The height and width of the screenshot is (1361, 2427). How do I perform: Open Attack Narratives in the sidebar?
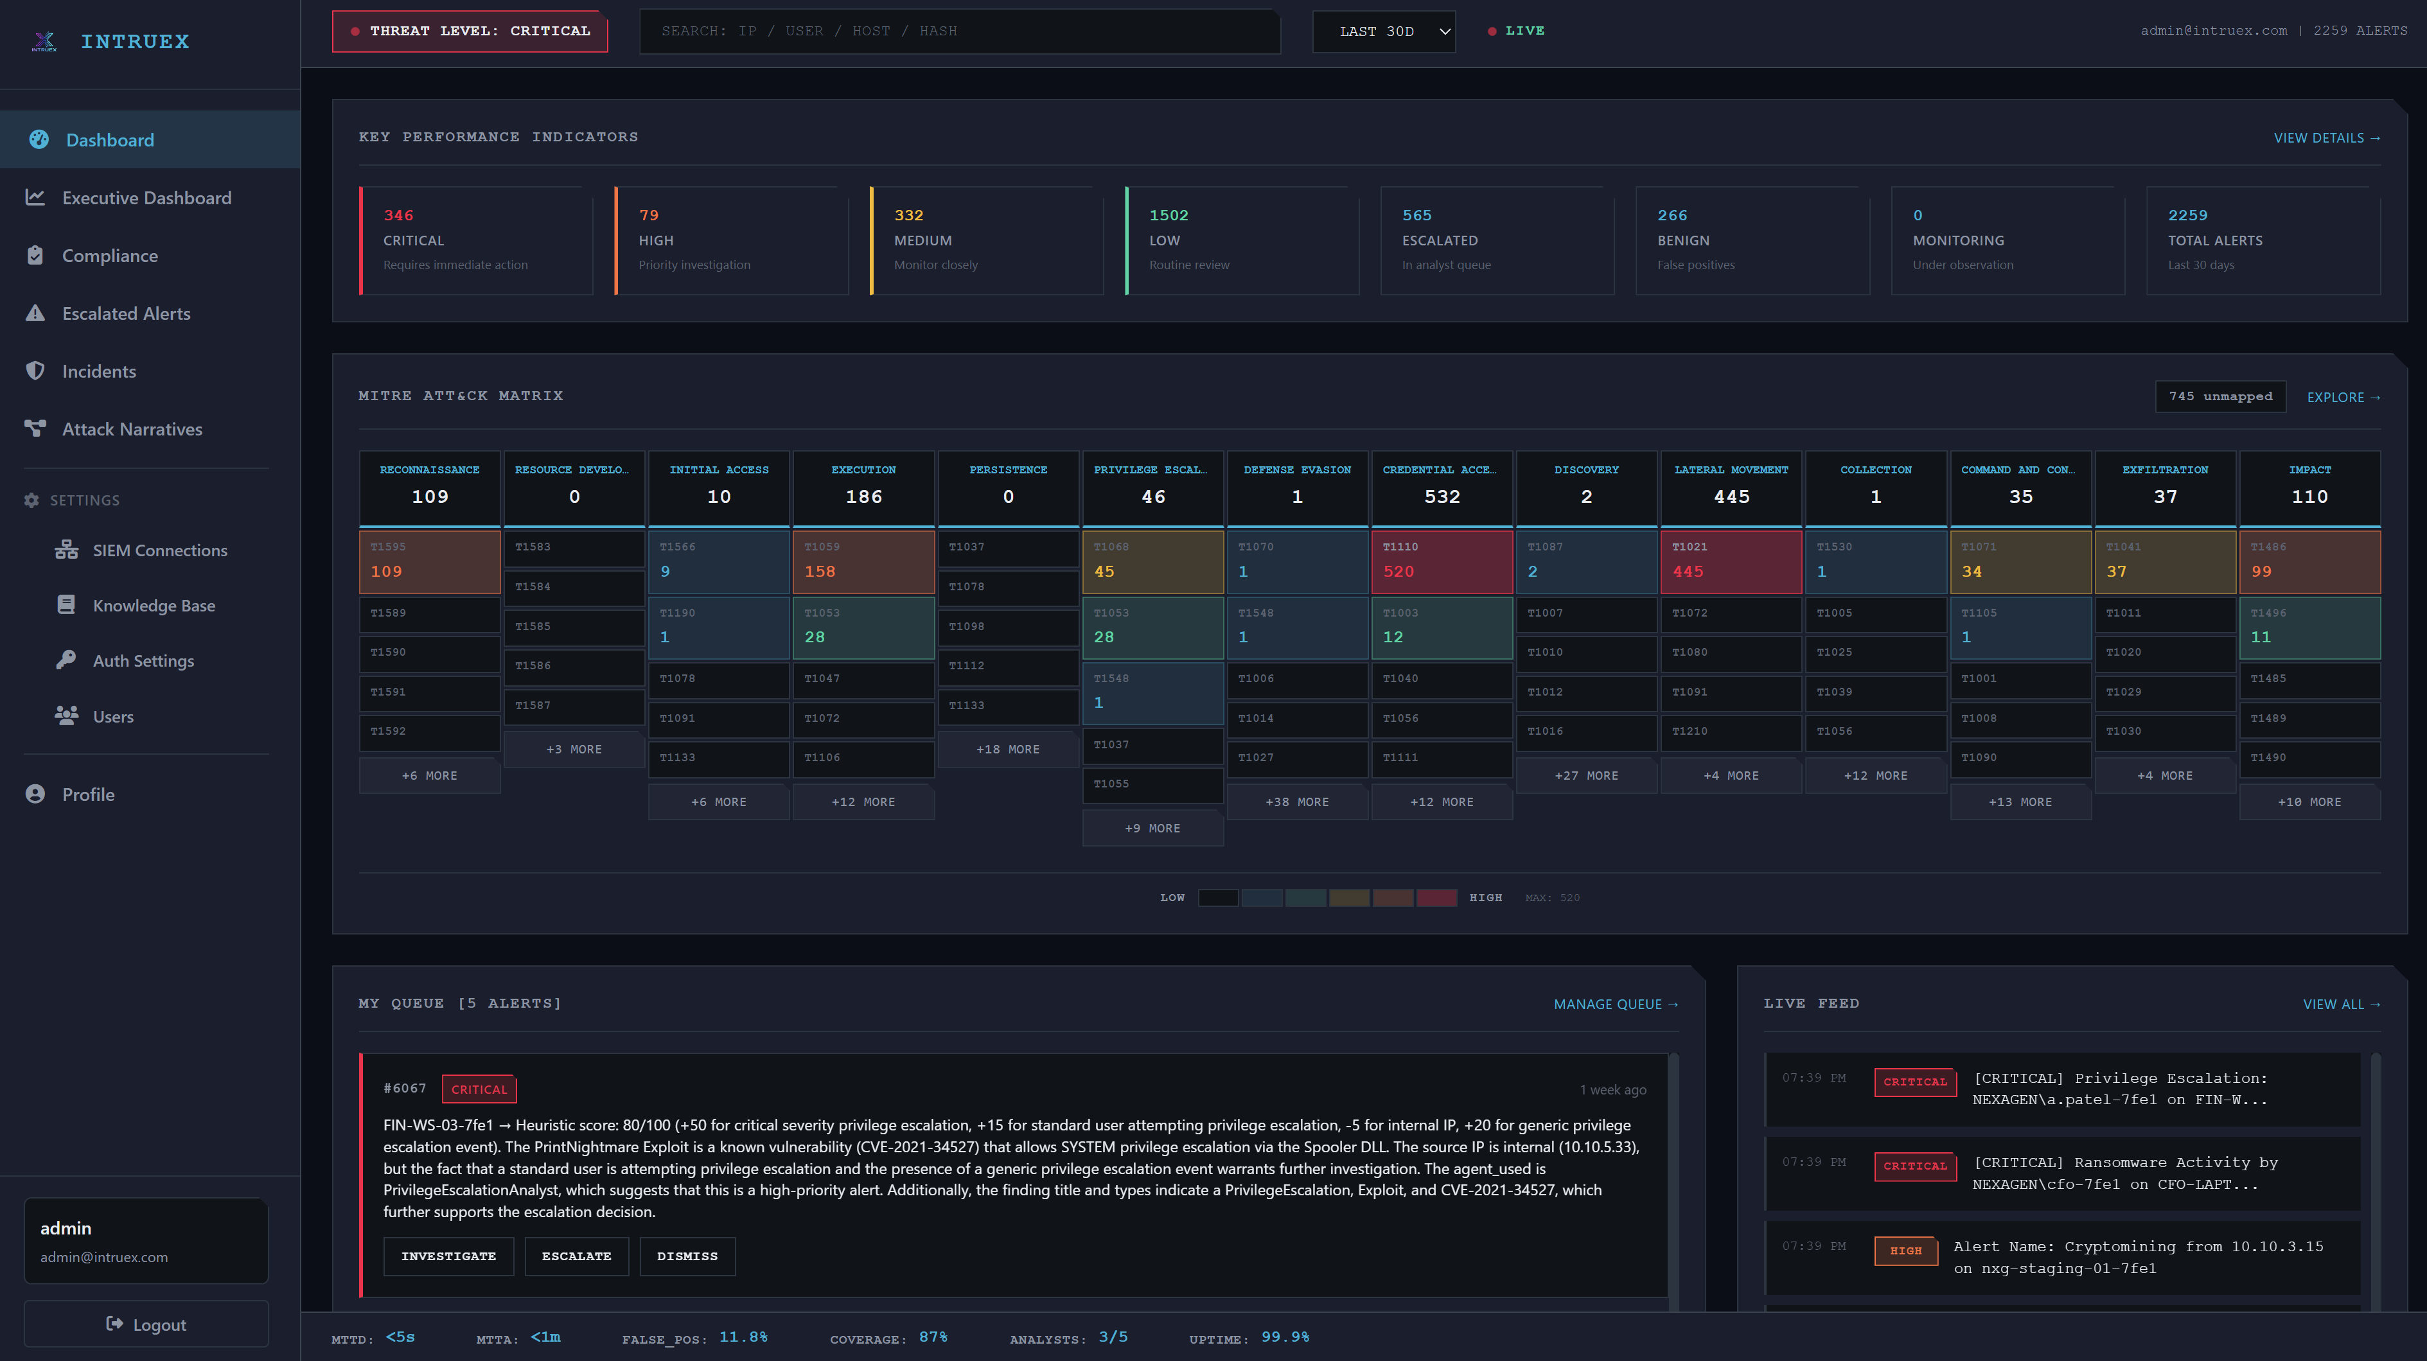[x=132, y=430]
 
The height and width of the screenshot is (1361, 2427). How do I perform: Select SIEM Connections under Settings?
[x=159, y=550]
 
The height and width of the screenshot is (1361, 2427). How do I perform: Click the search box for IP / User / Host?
[x=959, y=31]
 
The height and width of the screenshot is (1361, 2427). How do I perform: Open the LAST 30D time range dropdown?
[x=1383, y=31]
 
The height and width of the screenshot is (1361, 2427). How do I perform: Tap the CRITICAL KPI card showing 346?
[x=476, y=240]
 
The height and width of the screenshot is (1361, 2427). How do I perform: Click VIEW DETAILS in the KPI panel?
[x=2326, y=137]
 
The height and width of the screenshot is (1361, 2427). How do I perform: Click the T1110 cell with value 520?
[x=1442, y=561]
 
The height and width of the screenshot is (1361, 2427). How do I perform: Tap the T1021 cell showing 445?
[x=1731, y=561]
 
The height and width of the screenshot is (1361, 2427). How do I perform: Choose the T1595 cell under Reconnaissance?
[x=430, y=561]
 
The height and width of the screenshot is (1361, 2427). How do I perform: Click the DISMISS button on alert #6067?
[x=687, y=1256]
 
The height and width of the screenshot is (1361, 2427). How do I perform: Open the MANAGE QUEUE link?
[x=1615, y=1004]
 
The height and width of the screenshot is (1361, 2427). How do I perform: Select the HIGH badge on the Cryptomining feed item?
[x=1905, y=1251]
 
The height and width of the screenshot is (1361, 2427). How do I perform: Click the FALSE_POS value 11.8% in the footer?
[x=743, y=1337]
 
